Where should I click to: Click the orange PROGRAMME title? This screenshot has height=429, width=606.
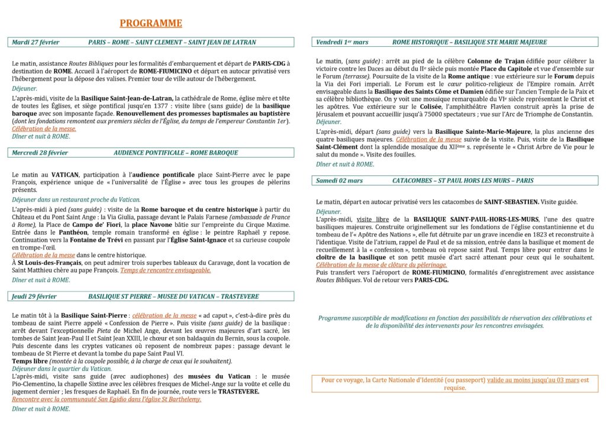(151, 24)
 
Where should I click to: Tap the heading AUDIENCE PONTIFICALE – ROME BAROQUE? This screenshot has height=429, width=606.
(176, 152)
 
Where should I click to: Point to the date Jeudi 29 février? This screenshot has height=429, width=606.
(34, 296)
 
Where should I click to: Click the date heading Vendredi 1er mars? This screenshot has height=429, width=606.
(342, 42)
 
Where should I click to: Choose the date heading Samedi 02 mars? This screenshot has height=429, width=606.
(340, 180)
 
